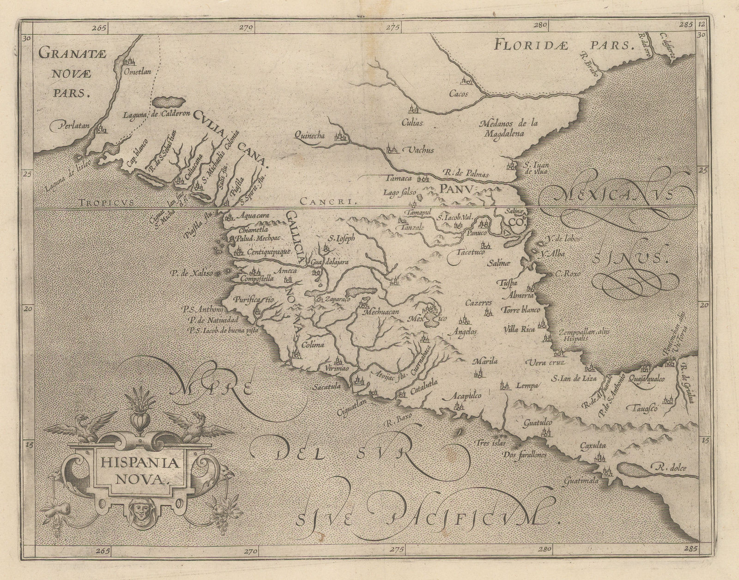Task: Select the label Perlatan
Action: (67, 124)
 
